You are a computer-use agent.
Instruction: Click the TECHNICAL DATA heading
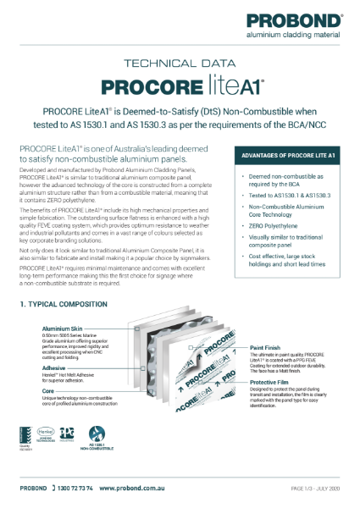point(180,63)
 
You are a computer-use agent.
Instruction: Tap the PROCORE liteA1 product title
point(180,86)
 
